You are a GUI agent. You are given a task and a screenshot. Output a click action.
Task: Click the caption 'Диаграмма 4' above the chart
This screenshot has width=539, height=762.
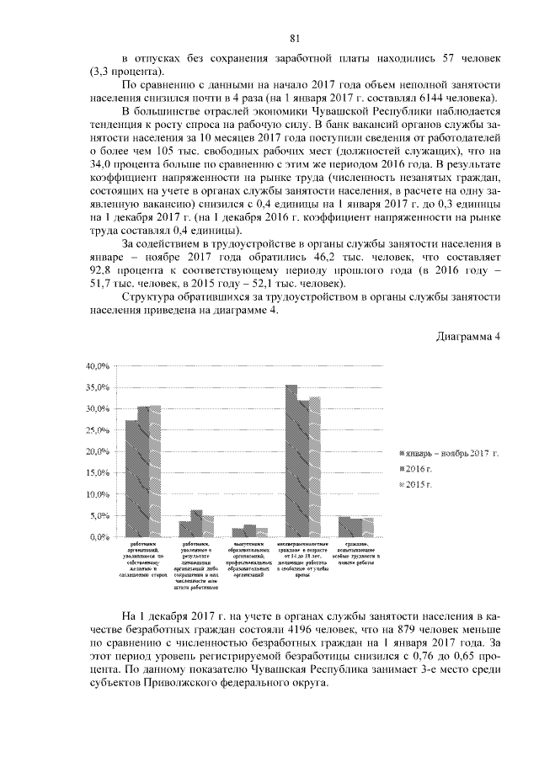(x=468, y=337)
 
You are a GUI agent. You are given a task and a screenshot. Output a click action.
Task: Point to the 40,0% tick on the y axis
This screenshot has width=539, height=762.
(x=98, y=366)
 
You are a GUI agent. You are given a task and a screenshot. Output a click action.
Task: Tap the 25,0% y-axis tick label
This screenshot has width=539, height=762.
(x=98, y=430)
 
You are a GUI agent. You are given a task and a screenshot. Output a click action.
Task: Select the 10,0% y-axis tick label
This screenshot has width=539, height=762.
(x=98, y=494)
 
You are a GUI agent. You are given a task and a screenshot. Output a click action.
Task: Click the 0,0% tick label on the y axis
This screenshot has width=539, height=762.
(x=99, y=536)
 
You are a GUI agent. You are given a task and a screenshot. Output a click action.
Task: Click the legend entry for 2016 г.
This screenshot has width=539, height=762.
(x=419, y=469)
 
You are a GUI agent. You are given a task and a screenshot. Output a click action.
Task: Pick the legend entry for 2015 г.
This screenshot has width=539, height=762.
(x=419, y=485)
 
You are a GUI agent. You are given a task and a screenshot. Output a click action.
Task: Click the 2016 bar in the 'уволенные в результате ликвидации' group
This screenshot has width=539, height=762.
(x=196, y=523)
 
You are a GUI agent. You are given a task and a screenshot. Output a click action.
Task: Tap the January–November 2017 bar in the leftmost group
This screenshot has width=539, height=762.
(x=131, y=478)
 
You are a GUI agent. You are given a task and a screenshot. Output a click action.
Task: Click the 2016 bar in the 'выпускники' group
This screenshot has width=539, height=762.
(x=250, y=530)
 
